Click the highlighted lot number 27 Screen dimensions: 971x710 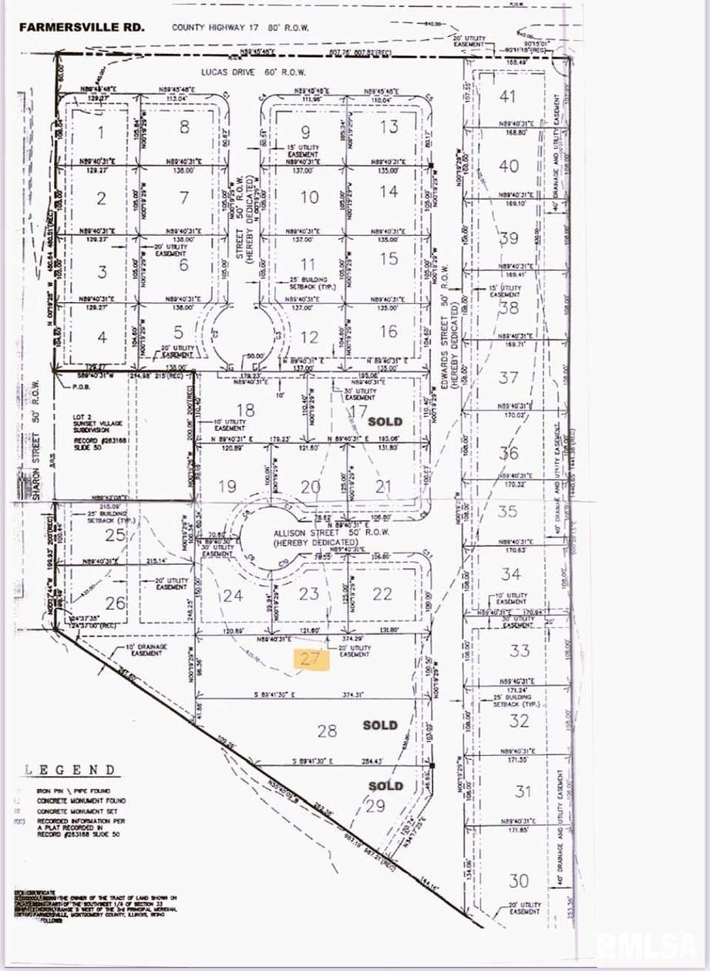click(310, 658)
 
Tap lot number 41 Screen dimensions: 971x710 click(506, 96)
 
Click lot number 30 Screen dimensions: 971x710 click(519, 880)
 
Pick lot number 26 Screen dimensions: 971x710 click(115, 603)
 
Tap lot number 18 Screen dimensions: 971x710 click(245, 410)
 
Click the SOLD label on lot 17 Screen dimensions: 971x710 click(385, 422)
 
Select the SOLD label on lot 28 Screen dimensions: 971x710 click(381, 725)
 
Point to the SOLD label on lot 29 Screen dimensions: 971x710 click(385, 786)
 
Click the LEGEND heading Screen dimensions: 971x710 click(70, 769)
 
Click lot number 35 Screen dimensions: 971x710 click(507, 511)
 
